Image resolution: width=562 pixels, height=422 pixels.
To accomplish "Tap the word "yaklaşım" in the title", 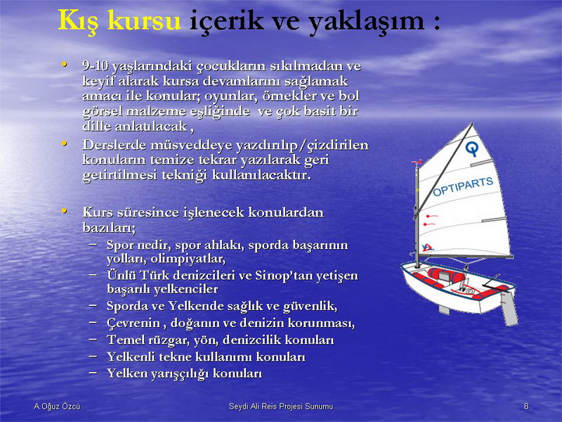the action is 366,21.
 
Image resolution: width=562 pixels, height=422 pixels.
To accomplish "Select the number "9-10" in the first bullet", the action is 96,65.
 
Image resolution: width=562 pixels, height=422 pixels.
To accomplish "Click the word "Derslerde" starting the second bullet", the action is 115,145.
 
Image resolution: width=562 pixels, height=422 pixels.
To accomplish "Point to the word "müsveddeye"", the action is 191,146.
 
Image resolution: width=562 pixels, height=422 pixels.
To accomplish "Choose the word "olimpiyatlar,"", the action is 188,259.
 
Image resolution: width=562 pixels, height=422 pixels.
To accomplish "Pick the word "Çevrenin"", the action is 133,323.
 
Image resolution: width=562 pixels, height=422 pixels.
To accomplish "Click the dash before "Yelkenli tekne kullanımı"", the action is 93,356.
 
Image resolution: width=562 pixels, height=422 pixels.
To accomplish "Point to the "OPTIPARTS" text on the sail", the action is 463,187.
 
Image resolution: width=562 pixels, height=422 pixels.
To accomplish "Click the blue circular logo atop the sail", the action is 472,148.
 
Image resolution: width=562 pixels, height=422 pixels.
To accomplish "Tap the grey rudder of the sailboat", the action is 509,307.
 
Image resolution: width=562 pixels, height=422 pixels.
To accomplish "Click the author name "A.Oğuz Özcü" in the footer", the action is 57,407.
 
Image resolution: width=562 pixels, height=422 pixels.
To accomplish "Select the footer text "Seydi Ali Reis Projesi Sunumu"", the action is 281,407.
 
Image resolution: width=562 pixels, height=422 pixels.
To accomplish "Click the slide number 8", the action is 526,407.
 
